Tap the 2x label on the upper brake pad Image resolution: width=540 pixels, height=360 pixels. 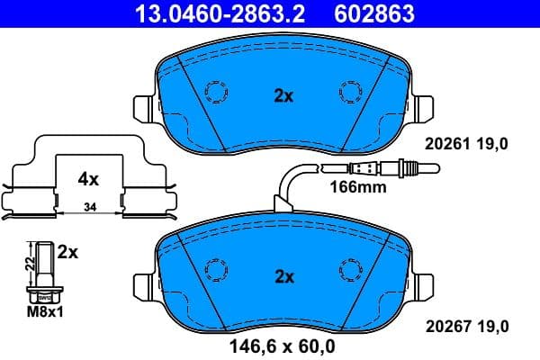tap(283, 95)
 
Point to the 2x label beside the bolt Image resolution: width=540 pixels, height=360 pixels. tap(67, 254)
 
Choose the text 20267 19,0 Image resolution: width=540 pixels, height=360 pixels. tap(466, 325)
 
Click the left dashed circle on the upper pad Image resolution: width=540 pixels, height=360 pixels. tap(217, 92)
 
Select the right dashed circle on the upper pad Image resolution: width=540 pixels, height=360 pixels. tap(349, 92)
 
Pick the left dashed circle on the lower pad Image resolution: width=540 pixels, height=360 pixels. tap(217, 269)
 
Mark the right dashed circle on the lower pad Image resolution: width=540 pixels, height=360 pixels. tap(349, 269)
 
